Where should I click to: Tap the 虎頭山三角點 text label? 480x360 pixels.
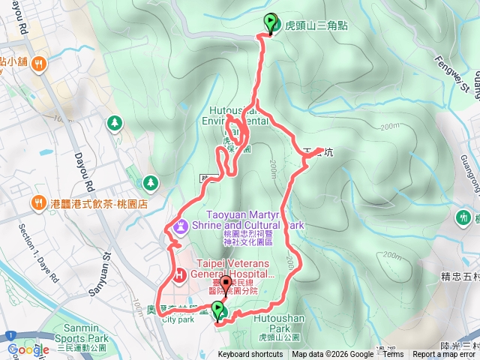click(x=306, y=25)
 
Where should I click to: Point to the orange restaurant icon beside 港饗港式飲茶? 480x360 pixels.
click(x=37, y=202)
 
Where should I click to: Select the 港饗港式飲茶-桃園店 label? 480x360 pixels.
click(x=97, y=203)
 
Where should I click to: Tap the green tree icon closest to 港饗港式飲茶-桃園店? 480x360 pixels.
click(x=150, y=182)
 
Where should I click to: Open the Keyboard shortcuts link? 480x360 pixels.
click(x=250, y=355)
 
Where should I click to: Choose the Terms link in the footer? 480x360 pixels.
click(x=394, y=355)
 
